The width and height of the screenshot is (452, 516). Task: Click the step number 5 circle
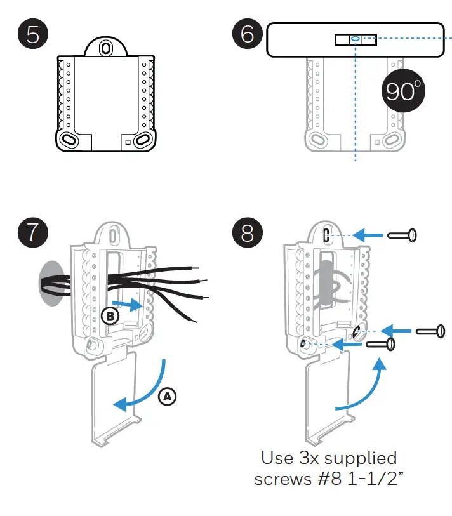pos(32,34)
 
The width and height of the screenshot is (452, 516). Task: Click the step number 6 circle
pos(247,34)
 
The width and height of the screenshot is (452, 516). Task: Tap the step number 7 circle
pos(32,232)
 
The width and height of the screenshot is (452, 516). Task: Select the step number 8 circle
pos(247,232)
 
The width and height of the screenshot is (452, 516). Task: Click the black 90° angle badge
pos(403,92)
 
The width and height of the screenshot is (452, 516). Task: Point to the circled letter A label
pos(167,396)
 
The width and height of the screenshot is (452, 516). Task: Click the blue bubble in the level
pos(355,39)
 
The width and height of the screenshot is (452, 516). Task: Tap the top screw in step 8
pos(402,235)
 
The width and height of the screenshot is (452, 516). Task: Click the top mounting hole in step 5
pos(106,48)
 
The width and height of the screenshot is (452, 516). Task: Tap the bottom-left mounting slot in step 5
pos(68,138)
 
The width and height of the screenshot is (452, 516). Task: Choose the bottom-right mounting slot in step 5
pos(143,138)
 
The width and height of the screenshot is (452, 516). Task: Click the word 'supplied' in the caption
pos(357,459)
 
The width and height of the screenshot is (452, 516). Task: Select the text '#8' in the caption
pos(327,479)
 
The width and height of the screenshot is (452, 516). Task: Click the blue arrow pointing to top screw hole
pos(368,235)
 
